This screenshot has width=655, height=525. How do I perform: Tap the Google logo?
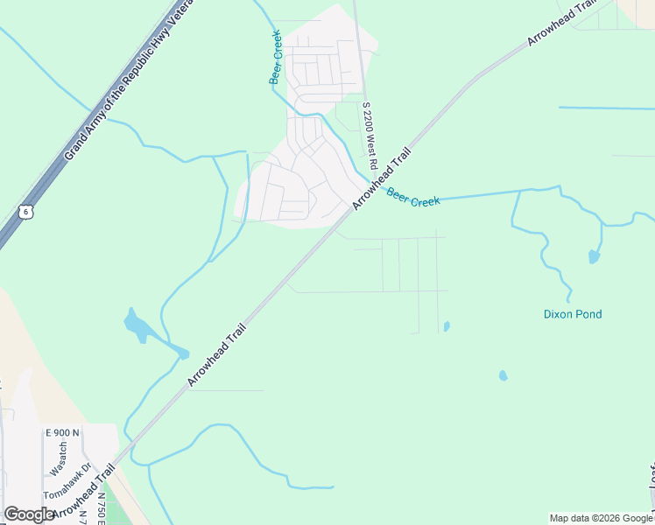pos(29,514)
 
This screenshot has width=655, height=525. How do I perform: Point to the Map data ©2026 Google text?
pos(602,518)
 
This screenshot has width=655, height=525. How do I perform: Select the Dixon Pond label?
pos(573,314)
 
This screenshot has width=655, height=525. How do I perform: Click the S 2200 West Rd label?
pos(370,136)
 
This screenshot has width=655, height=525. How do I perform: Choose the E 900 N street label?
pos(62,433)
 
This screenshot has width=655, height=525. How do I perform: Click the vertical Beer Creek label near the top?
pos(275,57)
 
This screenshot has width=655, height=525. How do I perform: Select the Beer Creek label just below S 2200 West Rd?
pos(413,199)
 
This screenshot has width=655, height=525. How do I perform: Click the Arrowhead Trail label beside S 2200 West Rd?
pos(382,178)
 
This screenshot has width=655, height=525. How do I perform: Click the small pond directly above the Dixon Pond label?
pos(594,256)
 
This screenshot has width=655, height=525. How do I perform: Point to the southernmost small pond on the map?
pos(503,375)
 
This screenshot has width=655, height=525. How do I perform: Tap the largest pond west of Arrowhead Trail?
pos(140,327)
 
